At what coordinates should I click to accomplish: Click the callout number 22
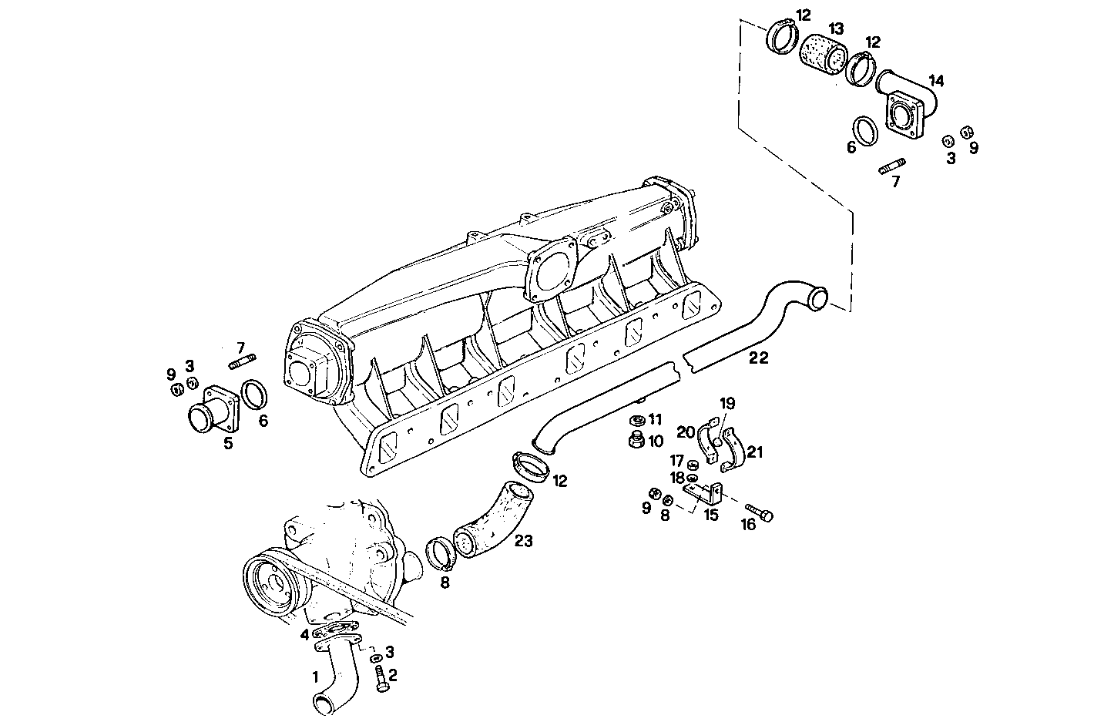point(758,358)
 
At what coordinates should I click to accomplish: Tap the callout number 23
point(523,542)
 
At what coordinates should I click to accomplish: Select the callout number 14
point(935,80)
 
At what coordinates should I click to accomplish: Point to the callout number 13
point(835,29)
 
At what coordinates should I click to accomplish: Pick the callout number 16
point(748,526)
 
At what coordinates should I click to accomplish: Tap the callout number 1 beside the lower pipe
point(314,677)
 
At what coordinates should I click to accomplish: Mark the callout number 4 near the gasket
point(305,634)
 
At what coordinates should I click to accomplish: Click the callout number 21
point(755,452)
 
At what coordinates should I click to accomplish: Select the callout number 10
point(655,442)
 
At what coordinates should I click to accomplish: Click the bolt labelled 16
point(759,511)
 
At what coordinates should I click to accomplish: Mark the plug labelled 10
point(636,442)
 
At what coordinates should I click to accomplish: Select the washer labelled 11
point(636,421)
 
